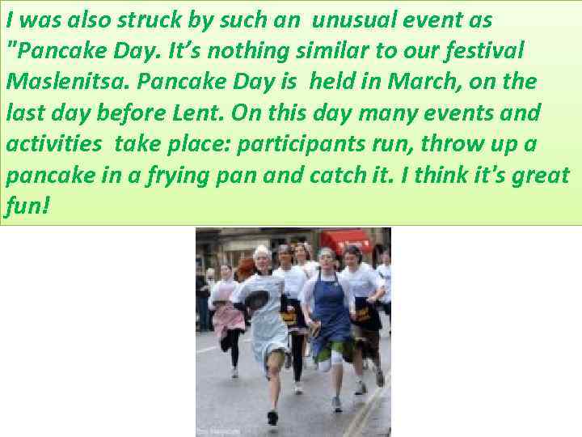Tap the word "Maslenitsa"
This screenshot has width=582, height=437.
pyautogui.click(x=54, y=81)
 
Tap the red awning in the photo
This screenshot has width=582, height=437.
pyautogui.click(x=346, y=240)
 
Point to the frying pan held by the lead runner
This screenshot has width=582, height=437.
pyautogui.click(x=257, y=302)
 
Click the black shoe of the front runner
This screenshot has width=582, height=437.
pyautogui.click(x=273, y=418)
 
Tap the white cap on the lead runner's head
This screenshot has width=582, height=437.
pyautogui.click(x=262, y=252)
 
